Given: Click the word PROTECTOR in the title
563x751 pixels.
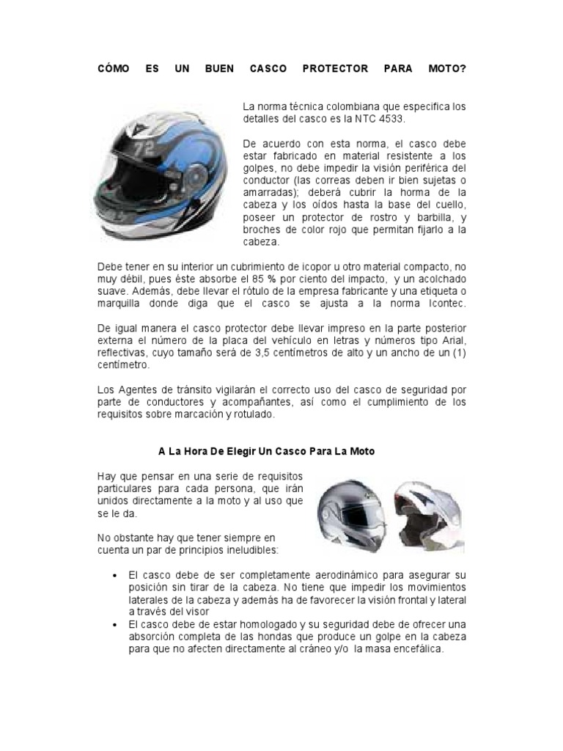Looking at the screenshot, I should point(335,69).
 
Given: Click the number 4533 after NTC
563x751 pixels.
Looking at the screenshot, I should point(388,118).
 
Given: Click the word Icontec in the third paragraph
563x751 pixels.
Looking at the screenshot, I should point(443,303).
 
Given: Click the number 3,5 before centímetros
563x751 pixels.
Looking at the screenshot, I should point(271,353).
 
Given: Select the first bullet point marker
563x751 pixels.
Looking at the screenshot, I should point(115,576).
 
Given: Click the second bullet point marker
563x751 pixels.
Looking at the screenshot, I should point(115,623).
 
